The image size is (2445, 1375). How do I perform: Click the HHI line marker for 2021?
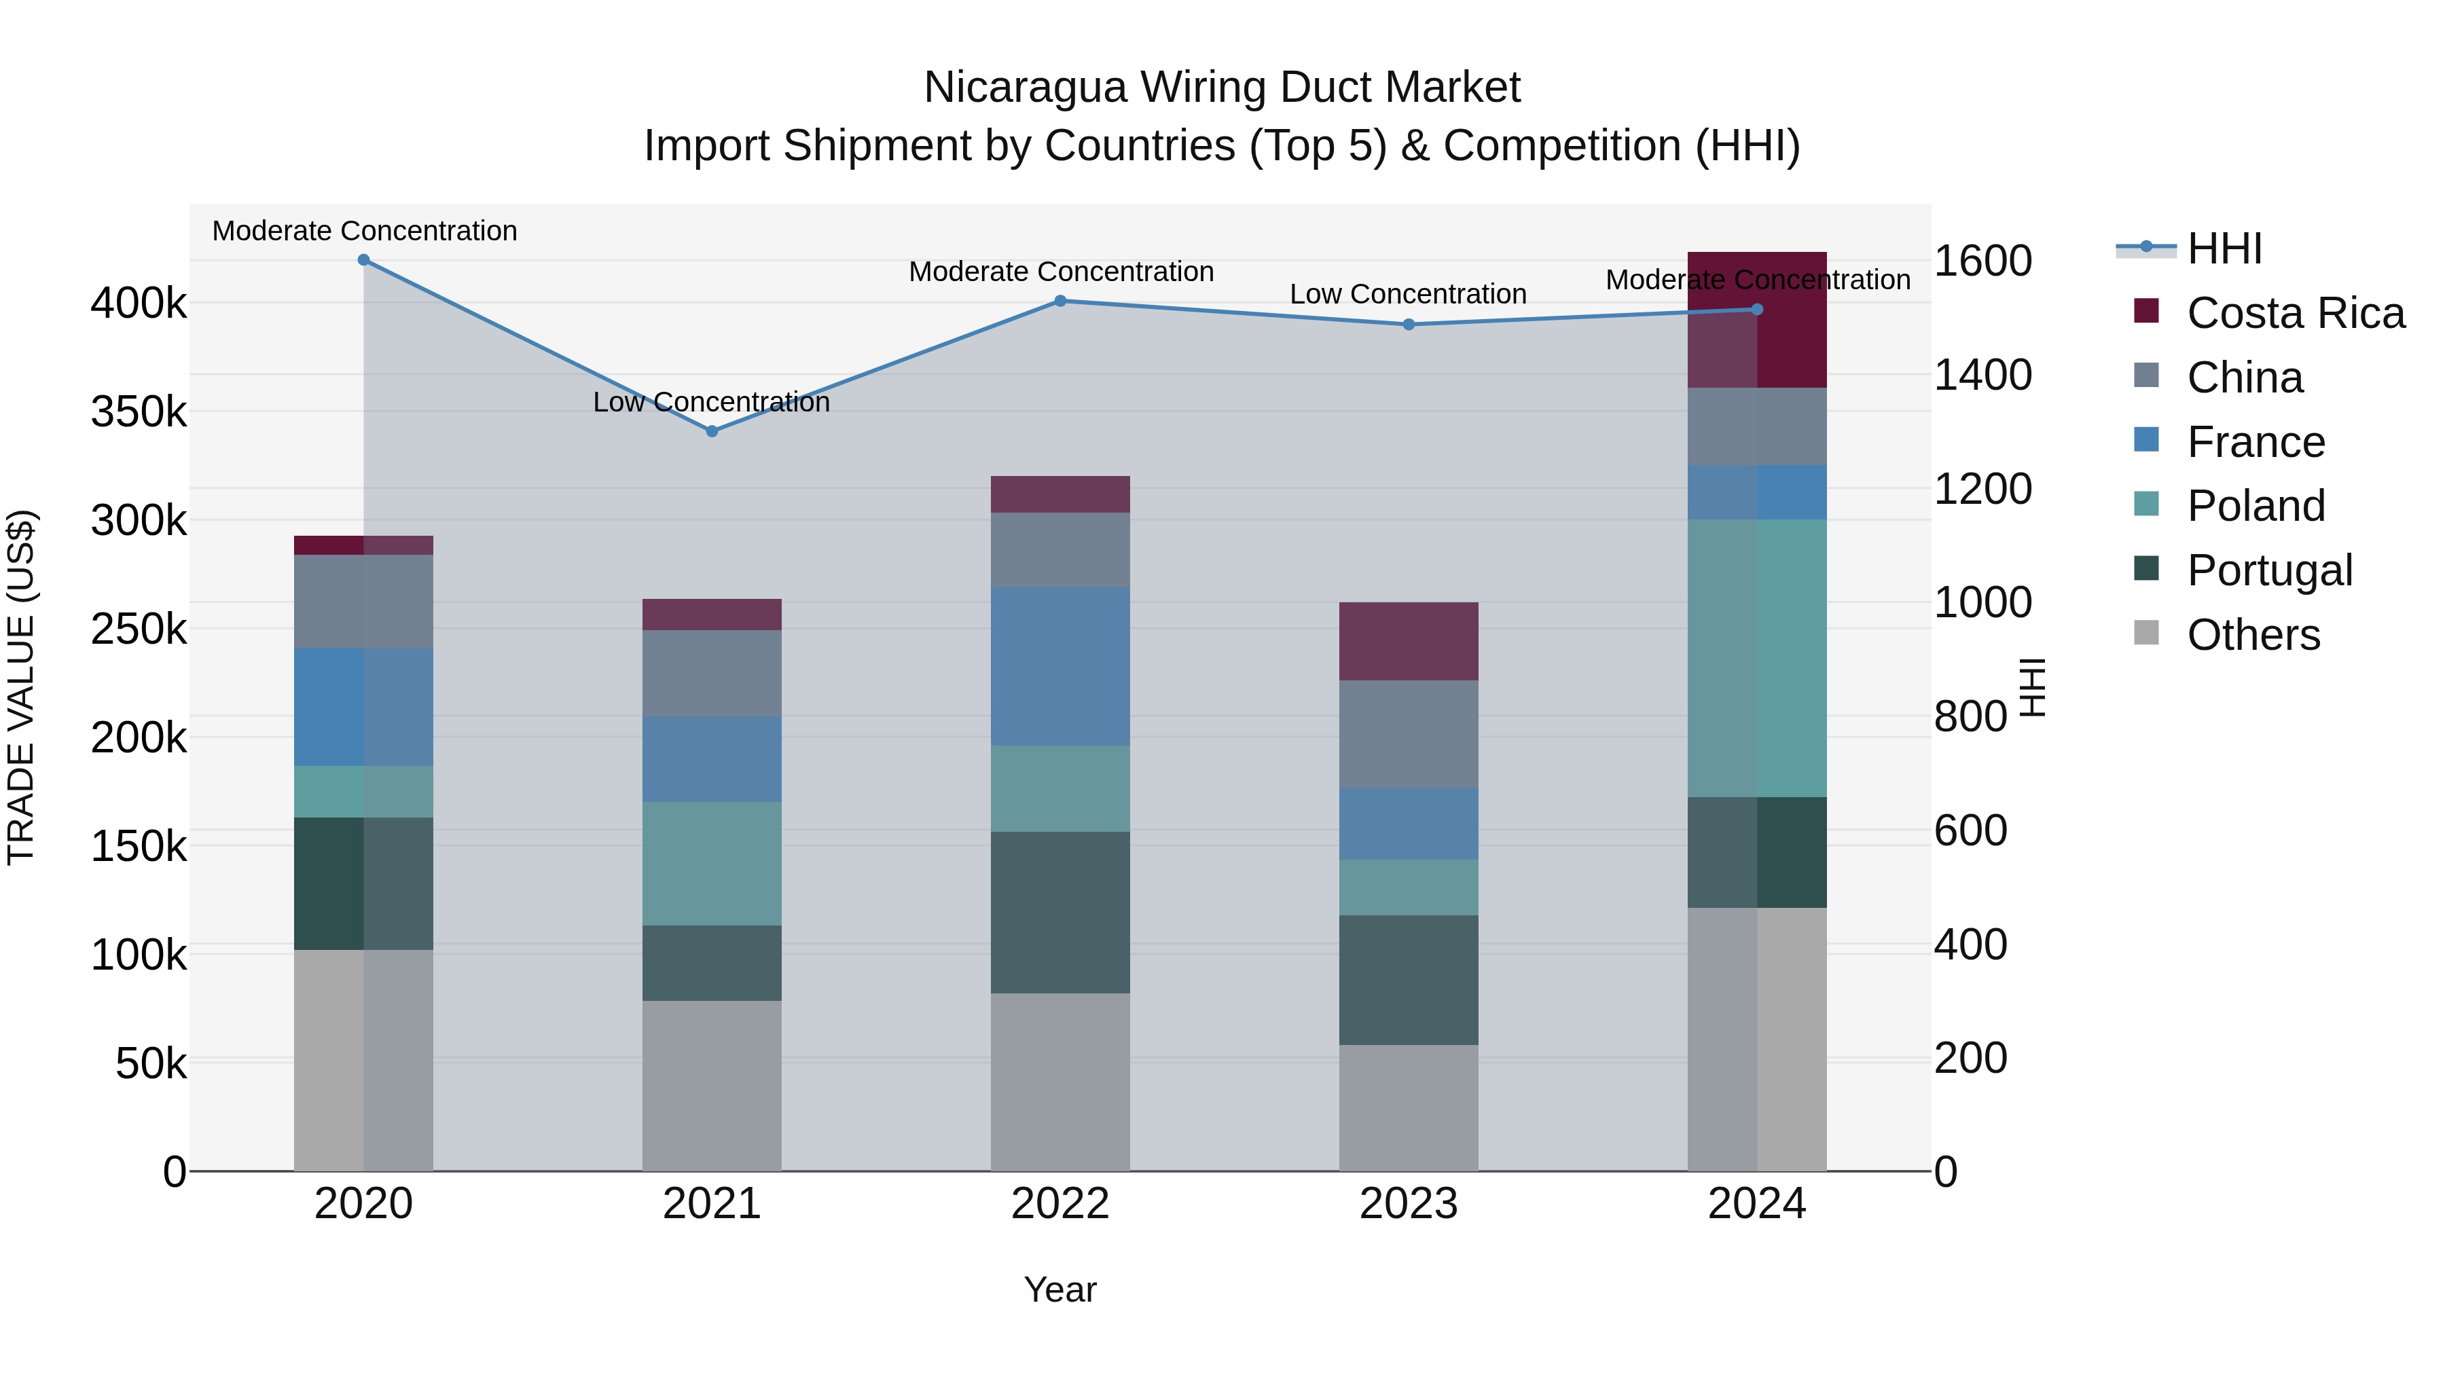pos(712,430)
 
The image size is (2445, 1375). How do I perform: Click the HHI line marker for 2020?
pos(363,260)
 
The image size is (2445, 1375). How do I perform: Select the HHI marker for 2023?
pos(1409,325)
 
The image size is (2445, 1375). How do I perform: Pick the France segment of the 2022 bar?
pos(1060,666)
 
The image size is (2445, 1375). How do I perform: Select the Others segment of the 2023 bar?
pos(1409,1107)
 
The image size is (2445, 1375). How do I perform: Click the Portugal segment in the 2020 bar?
pos(363,883)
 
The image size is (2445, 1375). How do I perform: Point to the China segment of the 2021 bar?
pos(712,673)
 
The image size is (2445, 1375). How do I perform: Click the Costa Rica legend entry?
pos(2294,313)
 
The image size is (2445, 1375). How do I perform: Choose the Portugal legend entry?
pos(2268,570)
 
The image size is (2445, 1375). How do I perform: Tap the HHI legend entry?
pos(2224,249)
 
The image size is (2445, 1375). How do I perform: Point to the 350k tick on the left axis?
pos(139,412)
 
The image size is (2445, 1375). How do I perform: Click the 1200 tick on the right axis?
pos(1982,489)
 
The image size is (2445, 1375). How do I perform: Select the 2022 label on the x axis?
pos(1060,1204)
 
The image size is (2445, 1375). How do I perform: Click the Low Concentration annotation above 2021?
pos(712,403)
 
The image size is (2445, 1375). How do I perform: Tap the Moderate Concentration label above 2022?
pos(1060,272)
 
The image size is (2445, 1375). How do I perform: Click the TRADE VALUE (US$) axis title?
pos(21,687)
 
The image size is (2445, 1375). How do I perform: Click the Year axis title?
pos(1060,1289)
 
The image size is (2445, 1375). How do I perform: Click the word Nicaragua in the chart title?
pos(1025,88)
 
